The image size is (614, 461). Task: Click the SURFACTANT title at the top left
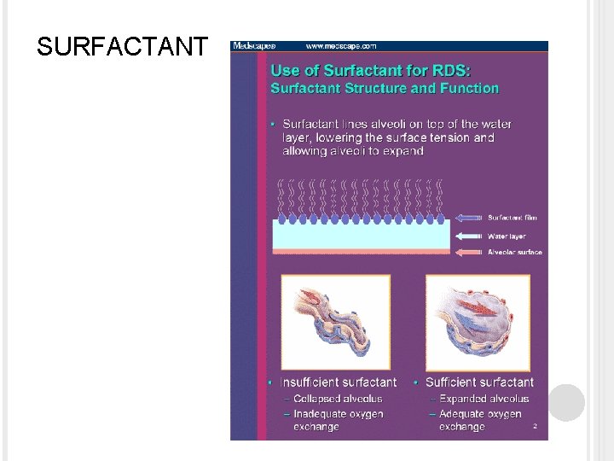pos(121,47)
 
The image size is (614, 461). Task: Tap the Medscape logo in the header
pos(254,46)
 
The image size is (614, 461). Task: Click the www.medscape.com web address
pos(341,46)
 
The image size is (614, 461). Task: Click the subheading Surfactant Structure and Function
pos(385,89)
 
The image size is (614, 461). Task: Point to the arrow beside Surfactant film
pos(469,218)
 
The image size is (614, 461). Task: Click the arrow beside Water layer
pos(469,236)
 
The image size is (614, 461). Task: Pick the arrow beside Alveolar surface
pos(469,253)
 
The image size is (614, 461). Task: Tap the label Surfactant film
pos(513,218)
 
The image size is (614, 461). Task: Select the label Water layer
pos(507,236)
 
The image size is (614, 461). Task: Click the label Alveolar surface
pos(514,253)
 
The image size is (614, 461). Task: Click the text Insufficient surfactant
pos(339,382)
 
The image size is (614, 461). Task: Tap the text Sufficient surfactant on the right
pos(479,382)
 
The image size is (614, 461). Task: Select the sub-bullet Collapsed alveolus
pos(338,399)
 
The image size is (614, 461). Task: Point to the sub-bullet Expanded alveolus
pos(484,399)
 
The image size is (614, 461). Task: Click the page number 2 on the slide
pos(535,425)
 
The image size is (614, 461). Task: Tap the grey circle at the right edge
pos(566,402)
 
